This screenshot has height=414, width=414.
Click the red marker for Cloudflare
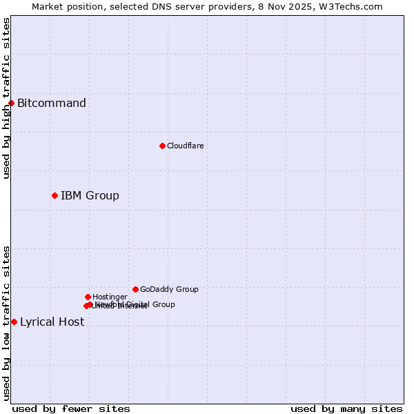(162, 146)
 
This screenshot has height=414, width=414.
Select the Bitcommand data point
(11, 103)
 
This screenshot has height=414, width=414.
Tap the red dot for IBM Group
(55, 195)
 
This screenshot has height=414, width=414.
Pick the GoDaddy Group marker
(135, 289)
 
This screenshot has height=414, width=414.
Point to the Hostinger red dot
(88, 297)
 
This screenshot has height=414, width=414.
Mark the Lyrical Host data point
(14, 322)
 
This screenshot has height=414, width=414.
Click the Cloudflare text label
(185, 146)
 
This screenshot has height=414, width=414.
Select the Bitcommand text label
(52, 103)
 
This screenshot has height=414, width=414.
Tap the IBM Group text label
(90, 196)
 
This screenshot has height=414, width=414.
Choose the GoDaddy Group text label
(169, 289)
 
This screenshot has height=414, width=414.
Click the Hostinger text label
(110, 297)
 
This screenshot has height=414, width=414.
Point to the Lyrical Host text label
(52, 322)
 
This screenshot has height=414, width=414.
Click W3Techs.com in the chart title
(351, 6)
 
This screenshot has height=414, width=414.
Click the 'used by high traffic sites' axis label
(6, 98)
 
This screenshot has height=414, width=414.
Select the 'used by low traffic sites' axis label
(6, 322)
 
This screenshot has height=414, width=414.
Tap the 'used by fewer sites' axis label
(71, 408)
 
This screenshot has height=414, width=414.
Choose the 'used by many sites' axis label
(346, 408)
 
